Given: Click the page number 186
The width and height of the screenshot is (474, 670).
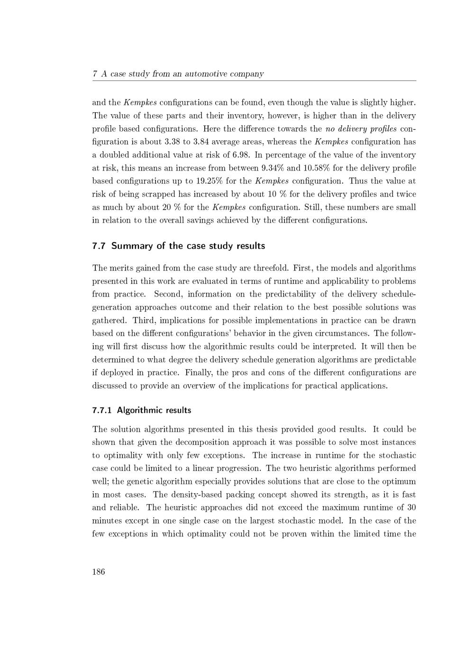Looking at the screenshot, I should pos(99,571).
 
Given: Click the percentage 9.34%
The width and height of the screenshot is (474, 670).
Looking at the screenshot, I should pos(273,168).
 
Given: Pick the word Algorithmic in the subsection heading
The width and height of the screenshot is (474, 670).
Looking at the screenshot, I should pos(140,410).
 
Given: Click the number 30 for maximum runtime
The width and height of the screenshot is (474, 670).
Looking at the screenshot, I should pos(411,507).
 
